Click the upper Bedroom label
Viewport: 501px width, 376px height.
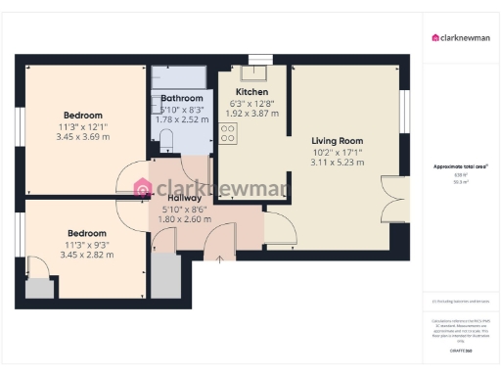pyautogui.click(x=83, y=116)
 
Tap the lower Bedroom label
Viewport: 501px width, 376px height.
pyautogui.click(x=86, y=233)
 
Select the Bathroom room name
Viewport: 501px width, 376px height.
pyautogui.click(x=182, y=99)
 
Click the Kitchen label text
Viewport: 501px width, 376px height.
pyautogui.click(x=252, y=91)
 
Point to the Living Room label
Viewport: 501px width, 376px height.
pyautogui.click(x=337, y=140)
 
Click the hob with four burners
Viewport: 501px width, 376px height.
pyautogui.click(x=228, y=133)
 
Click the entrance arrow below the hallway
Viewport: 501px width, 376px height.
pyautogui.click(x=220, y=258)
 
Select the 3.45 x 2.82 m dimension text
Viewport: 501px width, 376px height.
pyautogui.click(x=86, y=255)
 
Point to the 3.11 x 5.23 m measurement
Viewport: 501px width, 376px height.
pyautogui.click(x=337, y=163)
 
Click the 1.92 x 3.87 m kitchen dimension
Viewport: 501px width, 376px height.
pyautogui.click(x=252, y=114)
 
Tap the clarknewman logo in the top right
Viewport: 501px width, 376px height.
pyautogui.click(x=461, y=39)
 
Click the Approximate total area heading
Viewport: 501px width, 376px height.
pyautogui.click(x=460, y=167)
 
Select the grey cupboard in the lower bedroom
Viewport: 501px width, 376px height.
pyautogui.click(x=39, y=287)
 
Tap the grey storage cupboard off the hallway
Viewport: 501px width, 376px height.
pyautogui.click(x=165, y=277)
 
